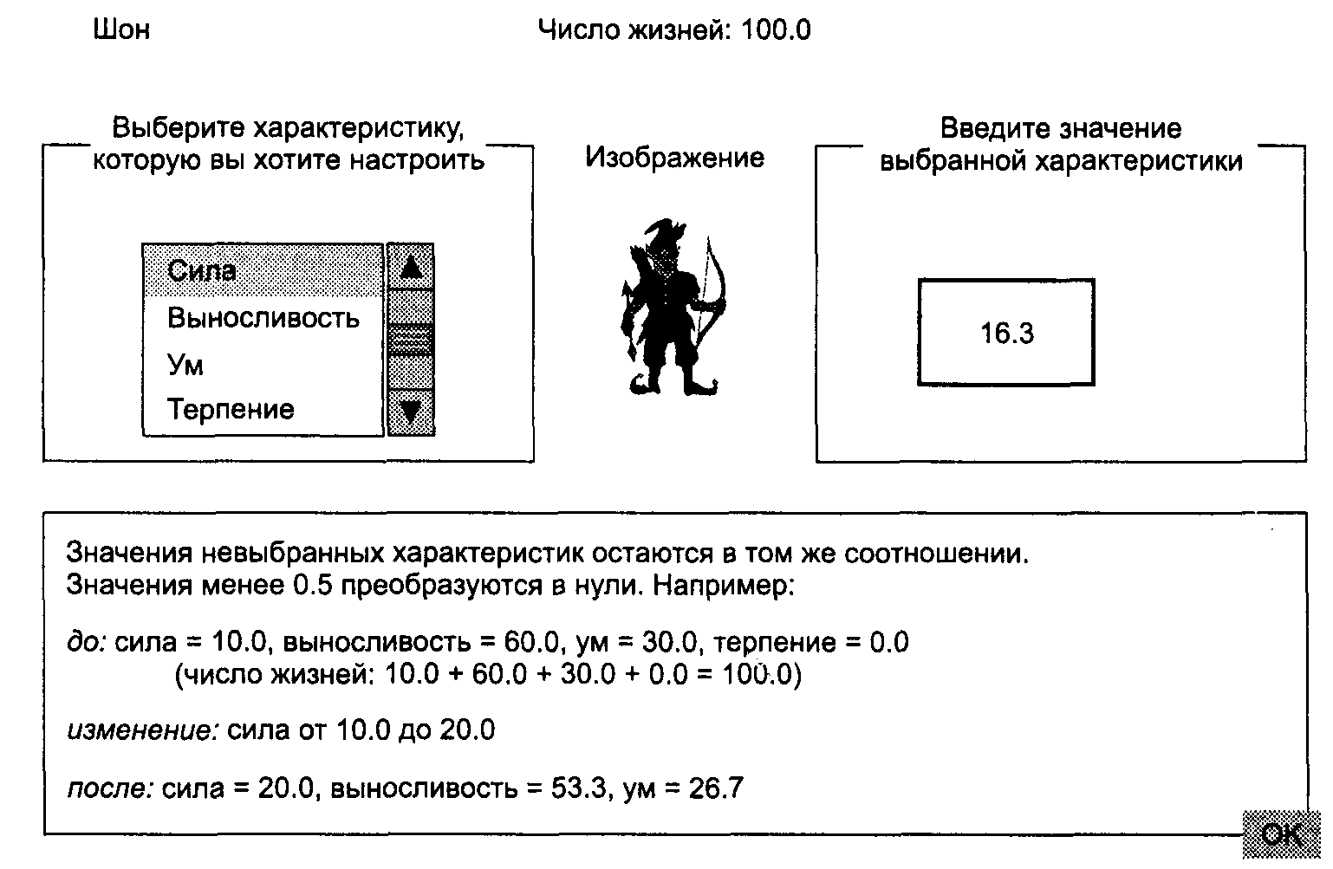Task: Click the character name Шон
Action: click(121, 29)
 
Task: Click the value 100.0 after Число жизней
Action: click(776, 29)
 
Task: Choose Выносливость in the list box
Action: click(263, 318)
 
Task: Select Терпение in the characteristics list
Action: click(231, 409)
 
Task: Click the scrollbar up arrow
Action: click(411, 267)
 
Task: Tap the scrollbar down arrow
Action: click(411, 412)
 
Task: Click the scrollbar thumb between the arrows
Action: click(411, 340)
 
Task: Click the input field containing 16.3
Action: click(1006, 332)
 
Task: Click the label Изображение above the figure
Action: click(675, 158)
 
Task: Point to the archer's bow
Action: click(713, 291)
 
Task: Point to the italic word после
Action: click(111, 788)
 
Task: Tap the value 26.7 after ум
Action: click(717, 788)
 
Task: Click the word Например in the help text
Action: click(724, 586)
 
